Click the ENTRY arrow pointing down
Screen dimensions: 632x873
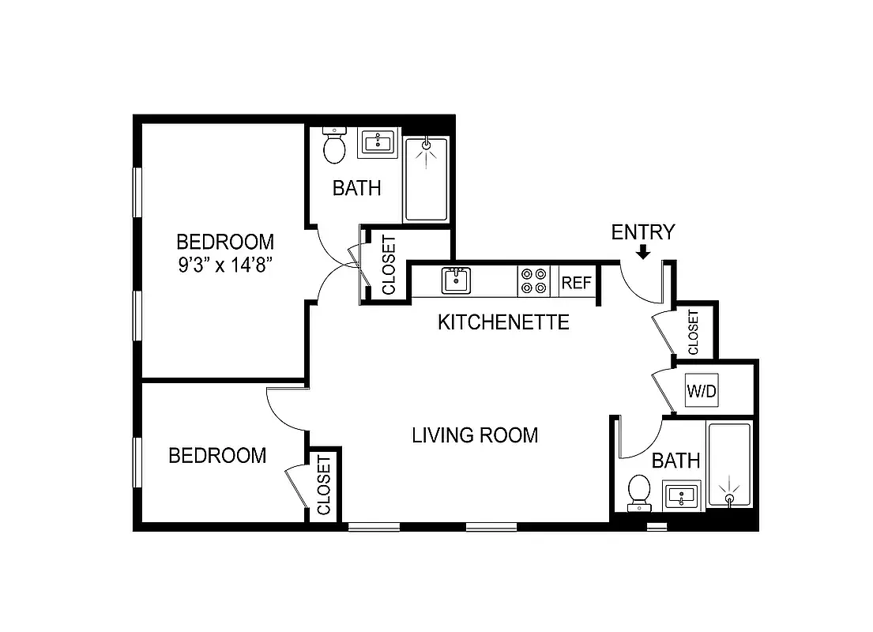pyautogui.click(x=643, y=252)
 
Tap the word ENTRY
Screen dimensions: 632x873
pyautogui.click(x=643, y=232)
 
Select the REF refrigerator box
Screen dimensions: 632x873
pyautogui.click(x=576, y=282)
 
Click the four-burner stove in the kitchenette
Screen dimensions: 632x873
pyautogui.click(x=533, y=282)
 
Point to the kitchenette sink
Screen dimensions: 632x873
pyautogui.click(x=455, y=280)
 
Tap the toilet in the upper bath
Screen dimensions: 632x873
pyautogui.click(x=335, y=146)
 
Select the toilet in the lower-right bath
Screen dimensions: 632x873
pyautogui.click(x=638, y=490)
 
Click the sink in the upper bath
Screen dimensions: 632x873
pyautogui.click(x=378, y=142)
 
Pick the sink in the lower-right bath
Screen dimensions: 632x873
pyautogui.click(x=681, y=496)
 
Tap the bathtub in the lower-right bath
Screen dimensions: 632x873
pyautogui.click(x=728, y=465)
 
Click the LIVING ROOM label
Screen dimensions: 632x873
pyautogui.click(x=475, y=435)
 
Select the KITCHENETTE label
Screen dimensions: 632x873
pyautogui.click(x=503, y=322)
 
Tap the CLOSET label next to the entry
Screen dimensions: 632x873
pyautogui.click(x=694, y=332)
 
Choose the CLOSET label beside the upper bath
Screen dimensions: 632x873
pyautogui.click(x=389, y=265)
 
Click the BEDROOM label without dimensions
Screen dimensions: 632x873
pyautogui.click(x=217, y=456)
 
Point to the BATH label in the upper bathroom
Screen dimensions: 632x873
pyautogui.click(x=356, y=188)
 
